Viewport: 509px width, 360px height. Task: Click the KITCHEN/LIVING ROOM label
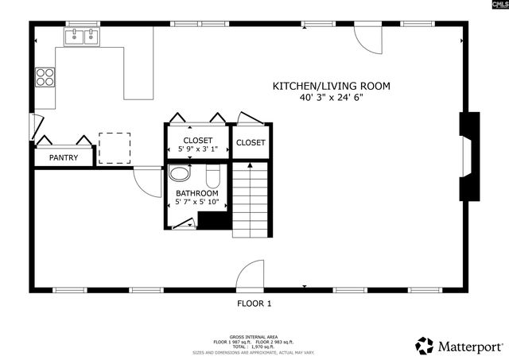pyautogui.click(x=332, y=86)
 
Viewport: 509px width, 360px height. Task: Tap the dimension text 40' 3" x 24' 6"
pyautogui.click(x=332, y=98)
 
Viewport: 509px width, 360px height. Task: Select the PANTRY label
pyautogui.click(x=64, y=157)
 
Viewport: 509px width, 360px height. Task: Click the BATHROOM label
pyautogui.click(x=196, y=193)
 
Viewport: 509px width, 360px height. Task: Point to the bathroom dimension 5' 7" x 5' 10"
pyautogui.click(x=196, y=203)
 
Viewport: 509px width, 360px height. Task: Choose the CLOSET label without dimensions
pyautogui.click(x=251, y=142)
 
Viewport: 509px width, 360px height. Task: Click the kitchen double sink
pyautogui.click(x=82, y=36)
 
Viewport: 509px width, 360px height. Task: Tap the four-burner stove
pyautogui.click(x=45, y=78)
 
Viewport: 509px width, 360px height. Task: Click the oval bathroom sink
pyautogui.click(x=182, y=174)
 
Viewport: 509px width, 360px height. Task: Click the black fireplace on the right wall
pyautogui.click(x=470, y=156)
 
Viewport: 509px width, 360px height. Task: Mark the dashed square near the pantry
pyautogui.click(x=114, y=147)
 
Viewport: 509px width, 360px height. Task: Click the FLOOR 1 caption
pyautogui.click(x=254, y=304)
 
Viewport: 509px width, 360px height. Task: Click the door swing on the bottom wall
pyautogui.click(x=250, y=273)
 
